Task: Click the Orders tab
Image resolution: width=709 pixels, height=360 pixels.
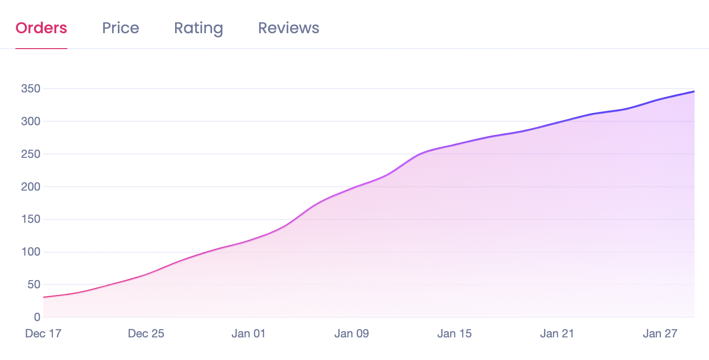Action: (x=41, y=28)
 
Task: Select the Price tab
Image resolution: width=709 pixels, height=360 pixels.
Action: (x=121, y=28)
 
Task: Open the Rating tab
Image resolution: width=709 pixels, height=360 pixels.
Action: (x=199, y=28)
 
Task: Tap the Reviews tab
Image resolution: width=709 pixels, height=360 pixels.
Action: (x=289, y=28)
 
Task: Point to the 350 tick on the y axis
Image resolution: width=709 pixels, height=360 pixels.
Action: (x=31, y=89)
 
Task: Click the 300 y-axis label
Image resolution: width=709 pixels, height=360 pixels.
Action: (x=31, y=121)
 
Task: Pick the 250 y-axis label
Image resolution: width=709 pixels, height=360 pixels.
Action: (x=31, y=154)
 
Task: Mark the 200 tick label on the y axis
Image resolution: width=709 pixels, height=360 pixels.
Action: (x=31, y=187)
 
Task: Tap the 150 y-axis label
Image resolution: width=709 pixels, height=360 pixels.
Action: (x=31, y=219)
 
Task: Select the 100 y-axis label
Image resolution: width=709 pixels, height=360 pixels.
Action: (x=31, y=252)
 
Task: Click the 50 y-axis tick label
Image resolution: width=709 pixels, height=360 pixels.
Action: (x=33, y=284)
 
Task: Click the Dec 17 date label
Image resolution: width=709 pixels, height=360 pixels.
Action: (x=43, y=334)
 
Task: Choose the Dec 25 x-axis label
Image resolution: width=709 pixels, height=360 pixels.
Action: (x=146, y=334)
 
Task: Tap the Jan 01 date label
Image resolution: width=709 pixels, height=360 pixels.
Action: (x=248, y=334)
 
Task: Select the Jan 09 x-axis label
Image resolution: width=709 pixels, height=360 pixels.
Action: (x=351, y=334)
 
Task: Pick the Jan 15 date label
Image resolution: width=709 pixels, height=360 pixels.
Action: (x=454, y=334)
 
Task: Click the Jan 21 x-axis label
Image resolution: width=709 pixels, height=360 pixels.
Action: (x=557, y=334)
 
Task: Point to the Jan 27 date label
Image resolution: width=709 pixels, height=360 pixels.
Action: (x=660, y=334)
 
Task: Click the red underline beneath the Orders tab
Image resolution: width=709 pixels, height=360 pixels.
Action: (x=41, y=49)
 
